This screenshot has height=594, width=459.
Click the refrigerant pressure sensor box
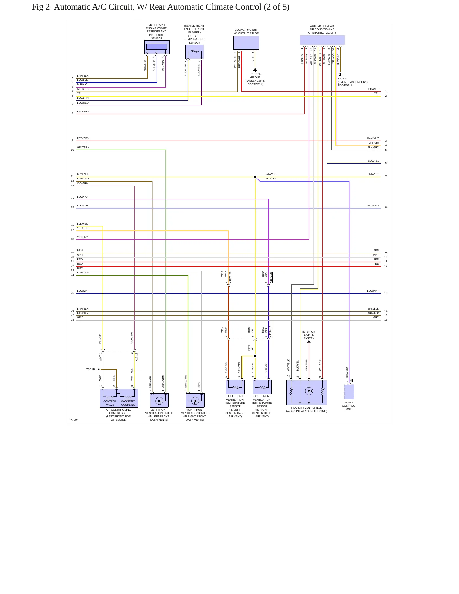tap(157, 47)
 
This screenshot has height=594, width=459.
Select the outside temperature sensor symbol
tap(194, 52)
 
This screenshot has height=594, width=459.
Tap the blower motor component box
tap(246, 43)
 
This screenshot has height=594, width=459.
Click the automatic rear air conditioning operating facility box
tap(322, 40)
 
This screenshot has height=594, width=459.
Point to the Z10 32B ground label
tap(255, 74)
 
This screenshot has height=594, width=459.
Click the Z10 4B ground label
tap(342, 78)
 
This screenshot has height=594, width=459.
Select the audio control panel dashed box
tap(349, 392)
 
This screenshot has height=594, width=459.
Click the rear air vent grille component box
tap(307, 393)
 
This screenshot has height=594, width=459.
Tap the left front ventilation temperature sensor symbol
tap(235, 387)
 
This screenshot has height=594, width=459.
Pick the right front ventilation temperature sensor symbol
tap(262, 387)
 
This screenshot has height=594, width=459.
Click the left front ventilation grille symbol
tap(159, 400)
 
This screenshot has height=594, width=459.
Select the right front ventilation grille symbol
tap(195, 400)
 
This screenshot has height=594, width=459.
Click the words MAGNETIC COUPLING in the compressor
tap(128, 403)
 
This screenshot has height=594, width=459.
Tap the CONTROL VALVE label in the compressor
tap(110, 403)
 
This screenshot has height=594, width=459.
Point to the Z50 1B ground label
tap(91, 369)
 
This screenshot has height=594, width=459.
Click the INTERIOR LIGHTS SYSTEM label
tap(309, 335)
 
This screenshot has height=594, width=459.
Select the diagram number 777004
tap(74, 420)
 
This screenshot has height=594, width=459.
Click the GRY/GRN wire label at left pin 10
tap(83, 147)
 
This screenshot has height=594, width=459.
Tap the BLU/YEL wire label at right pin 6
tap(374, 161)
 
